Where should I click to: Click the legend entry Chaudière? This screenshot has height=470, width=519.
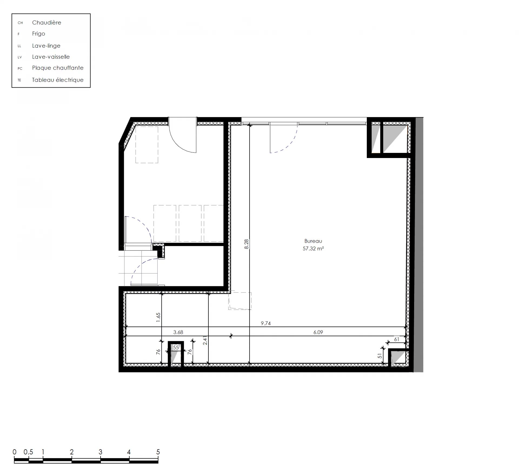click(46, 22)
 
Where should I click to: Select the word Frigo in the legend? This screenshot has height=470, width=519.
click(38, 34)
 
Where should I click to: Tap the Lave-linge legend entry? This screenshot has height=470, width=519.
click(46, 45)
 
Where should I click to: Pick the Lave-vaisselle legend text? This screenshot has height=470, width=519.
click(51, 57)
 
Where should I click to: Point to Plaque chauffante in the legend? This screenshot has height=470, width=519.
click(58, 68)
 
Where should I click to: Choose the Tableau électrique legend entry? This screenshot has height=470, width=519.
click(58, 80)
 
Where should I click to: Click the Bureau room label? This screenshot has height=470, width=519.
click(313, 241)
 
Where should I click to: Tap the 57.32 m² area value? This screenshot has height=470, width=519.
click(313, 248)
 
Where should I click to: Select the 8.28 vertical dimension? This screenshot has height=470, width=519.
click(246, 244)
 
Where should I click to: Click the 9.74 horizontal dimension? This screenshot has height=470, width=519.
click(266, 323)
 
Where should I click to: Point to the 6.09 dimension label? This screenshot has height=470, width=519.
click(318, 332)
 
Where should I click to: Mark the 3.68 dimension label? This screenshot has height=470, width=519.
click(178, 332)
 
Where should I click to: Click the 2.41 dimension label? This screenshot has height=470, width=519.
click(205, 340)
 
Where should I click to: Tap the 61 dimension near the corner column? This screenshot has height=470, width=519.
click(397, 339)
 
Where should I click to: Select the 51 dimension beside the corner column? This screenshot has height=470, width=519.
click(380, 356)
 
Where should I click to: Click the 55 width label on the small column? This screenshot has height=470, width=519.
click(176, 347)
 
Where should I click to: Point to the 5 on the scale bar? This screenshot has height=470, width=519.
click(158, 452)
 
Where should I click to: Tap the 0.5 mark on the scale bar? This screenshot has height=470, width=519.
click(28, 452)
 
